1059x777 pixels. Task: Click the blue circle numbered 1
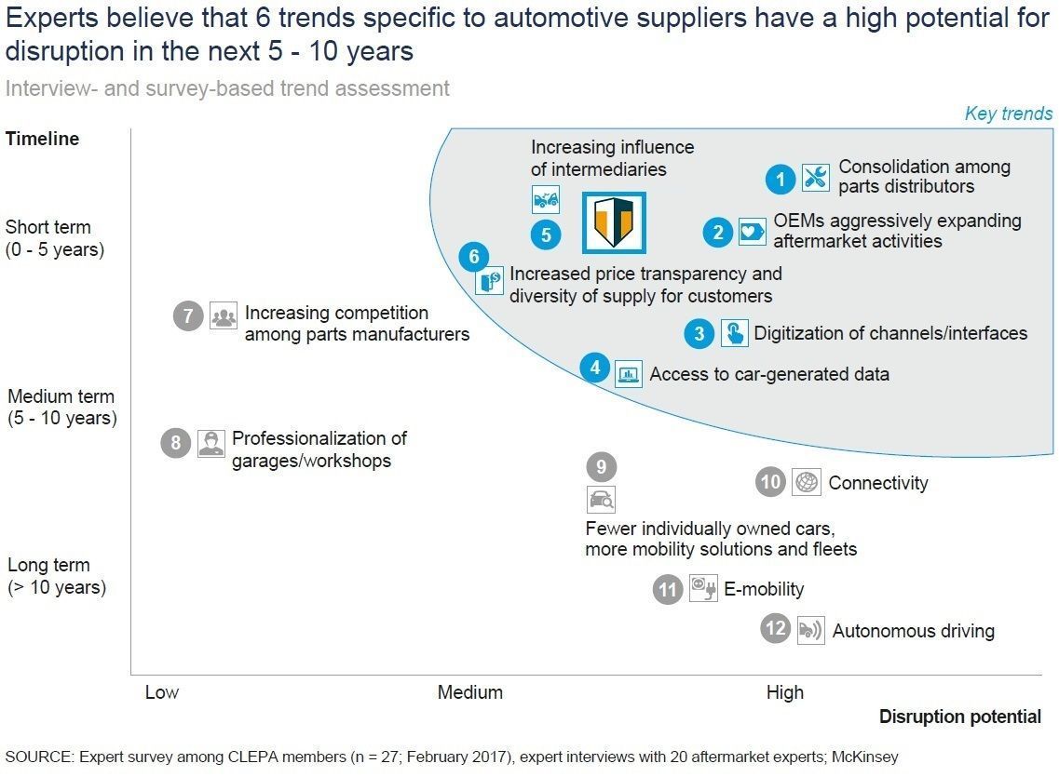tap(781, 179)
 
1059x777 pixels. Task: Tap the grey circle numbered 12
tap(775, 629)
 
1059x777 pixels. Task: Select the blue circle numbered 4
tap(595, 368)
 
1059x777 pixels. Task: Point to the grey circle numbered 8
tap(176, 442)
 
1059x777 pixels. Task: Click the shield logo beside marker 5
tap(614, 222)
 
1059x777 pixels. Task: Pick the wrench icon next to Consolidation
tap(816, 178)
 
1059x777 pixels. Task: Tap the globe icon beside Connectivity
tap(807, 482)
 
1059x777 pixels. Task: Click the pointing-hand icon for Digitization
tap(734, 332)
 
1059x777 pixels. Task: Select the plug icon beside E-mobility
tap(703, 587)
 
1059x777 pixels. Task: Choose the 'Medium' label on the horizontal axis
tap(470, 692)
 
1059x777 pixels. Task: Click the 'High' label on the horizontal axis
tap(785, 692)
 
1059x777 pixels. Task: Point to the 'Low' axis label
tap(162, 692)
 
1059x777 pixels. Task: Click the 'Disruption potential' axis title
tap(959, 717)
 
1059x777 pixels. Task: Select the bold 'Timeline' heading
tap(43, 139)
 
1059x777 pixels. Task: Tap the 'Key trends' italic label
tap(1009, 114)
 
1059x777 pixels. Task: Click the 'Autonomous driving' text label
tap(913, 631)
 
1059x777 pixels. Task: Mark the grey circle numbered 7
tap(188, 315)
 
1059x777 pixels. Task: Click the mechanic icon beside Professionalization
tap(210, 444)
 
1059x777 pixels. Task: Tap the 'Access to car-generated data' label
tap(769, 374)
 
